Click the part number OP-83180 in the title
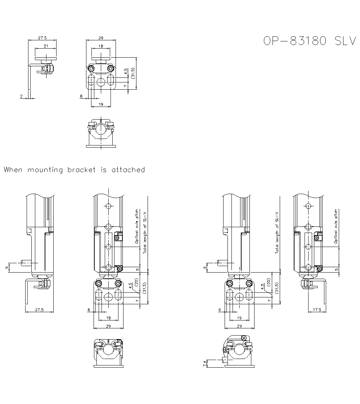tap(294, 41)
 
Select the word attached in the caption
tap(128, 170)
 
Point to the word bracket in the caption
tap(82, 170)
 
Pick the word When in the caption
tap(13, 170)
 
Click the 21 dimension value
tap(46, 46)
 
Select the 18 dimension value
tap(101, 46)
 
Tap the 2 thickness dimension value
tap(22, 96)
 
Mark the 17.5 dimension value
tap(317, 309)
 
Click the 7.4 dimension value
tap(205, 364)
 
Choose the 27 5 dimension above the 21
tap(42, 37)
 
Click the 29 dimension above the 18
tap(101, 37)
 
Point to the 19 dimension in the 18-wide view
tap(101, 104)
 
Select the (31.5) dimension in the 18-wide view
tap(133, 73)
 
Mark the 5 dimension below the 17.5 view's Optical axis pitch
tap(337, 269)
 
